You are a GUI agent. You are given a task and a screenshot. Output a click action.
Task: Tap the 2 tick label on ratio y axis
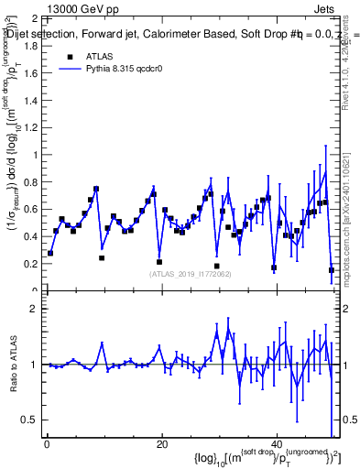[37, 309]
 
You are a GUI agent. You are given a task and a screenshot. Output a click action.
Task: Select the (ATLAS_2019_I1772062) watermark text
[191, 274]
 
